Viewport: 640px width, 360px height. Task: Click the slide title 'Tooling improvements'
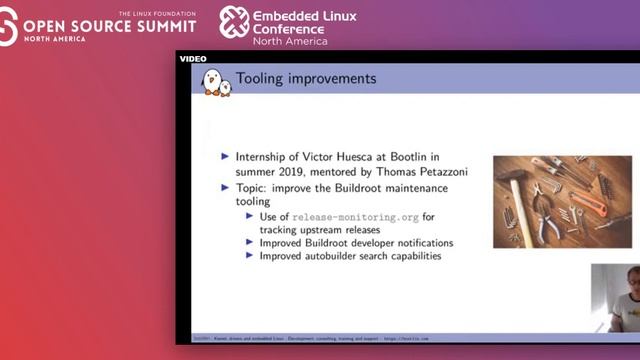(x=305, y=78)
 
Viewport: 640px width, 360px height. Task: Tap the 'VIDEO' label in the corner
(x=192, y=59)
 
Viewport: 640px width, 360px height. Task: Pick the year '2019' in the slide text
(x=297, y=171)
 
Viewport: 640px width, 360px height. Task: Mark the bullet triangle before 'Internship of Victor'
(x=225, y=157)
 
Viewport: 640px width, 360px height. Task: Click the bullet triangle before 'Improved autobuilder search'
(x=250, y=256)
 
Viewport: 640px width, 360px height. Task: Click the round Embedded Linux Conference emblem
(x=234, y=22)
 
